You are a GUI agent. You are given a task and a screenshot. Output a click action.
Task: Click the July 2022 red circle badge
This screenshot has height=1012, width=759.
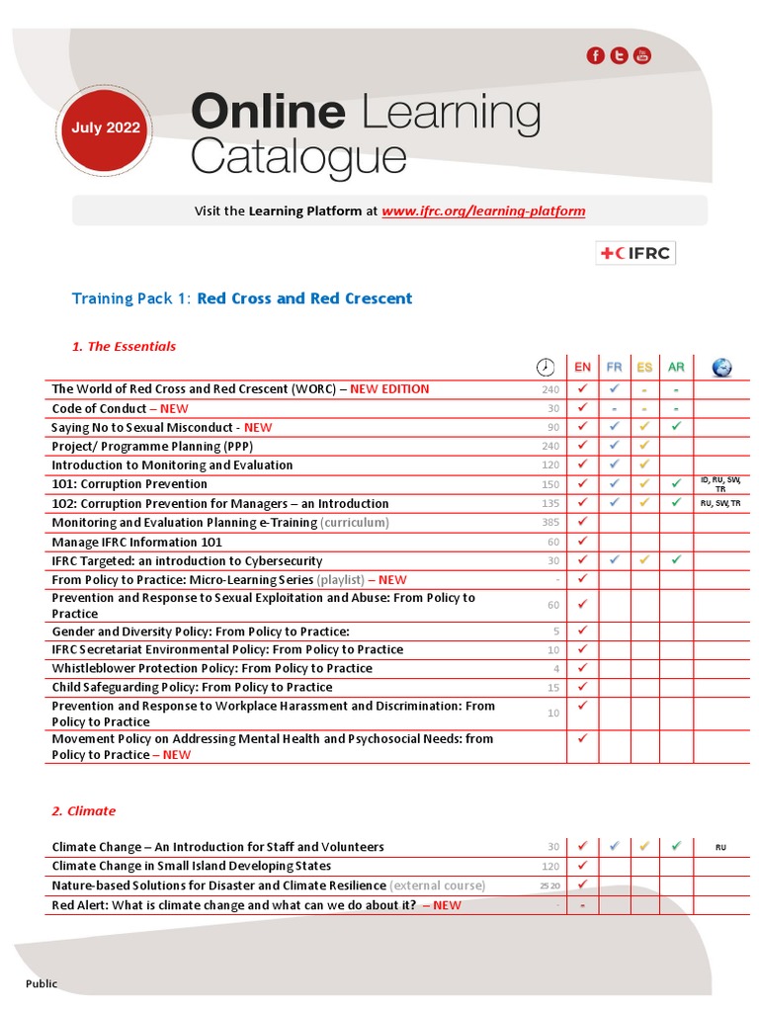(x=106, y=127)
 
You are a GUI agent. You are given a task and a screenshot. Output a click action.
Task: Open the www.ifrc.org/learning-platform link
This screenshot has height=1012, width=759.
(x=483, y=211)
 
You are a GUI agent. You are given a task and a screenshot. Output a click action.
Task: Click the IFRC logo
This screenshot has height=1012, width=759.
(x=635, y=253)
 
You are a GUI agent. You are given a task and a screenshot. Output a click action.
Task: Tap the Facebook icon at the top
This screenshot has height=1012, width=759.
(x=596, y=55)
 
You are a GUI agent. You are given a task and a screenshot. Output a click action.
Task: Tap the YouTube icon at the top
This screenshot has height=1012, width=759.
(x=643, y=55)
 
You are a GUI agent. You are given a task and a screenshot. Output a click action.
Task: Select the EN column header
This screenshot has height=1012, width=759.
(x=582, y=368)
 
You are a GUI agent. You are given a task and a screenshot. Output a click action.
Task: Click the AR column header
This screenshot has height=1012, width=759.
(x=676, y=368)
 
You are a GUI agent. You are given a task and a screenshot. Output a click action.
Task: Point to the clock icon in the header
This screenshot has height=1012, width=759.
(x=546, y=368)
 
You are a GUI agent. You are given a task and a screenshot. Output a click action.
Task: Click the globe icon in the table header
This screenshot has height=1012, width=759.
(x=721, y=368)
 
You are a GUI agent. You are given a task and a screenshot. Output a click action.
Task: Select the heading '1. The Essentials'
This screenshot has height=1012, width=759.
(x=124, y=346)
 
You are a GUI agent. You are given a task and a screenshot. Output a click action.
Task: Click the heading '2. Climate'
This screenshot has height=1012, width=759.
(x=83, y=810)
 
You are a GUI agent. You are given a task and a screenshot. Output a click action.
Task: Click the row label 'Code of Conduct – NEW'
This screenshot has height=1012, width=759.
(x=120, y=408)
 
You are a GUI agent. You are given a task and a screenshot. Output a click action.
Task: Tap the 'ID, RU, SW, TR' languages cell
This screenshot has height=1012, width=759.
(x=720, y=484)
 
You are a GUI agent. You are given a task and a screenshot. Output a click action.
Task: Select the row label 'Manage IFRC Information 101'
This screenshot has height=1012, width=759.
(x=136, y=542)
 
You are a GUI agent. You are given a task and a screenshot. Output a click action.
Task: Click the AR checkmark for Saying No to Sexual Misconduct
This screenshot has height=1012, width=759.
(x=676, y=427)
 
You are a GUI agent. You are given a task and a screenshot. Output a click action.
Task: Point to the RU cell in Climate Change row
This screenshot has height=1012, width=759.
(x=720, y=847)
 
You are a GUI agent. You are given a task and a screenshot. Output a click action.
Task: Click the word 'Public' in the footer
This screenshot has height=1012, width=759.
(x=41, y=983)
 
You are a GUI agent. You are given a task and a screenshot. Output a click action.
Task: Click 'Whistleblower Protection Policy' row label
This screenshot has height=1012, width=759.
(x=211, y=668)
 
